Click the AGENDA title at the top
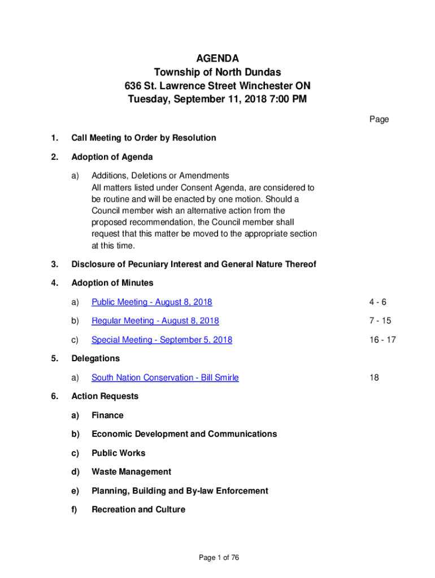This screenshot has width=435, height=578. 217,59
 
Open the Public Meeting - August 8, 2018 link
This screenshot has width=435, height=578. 151,302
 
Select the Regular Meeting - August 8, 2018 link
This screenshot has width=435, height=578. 155,321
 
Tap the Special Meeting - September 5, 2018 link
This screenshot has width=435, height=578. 162,340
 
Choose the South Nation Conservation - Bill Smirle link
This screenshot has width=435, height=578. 165,378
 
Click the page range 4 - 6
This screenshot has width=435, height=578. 379,302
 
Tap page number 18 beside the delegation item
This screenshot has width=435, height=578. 375,378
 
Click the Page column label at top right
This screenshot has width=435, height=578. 379,119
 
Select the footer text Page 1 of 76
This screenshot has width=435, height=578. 219,558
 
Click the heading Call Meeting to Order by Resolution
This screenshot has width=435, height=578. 143,138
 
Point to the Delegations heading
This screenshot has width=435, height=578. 95,358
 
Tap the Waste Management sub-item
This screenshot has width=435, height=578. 131,472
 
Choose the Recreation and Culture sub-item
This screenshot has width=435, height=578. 138,510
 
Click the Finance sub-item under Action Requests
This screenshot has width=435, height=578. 107,415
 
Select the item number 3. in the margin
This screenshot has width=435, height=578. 54,264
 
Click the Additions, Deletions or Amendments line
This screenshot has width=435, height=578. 160,176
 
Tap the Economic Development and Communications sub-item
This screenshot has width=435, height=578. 184,434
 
